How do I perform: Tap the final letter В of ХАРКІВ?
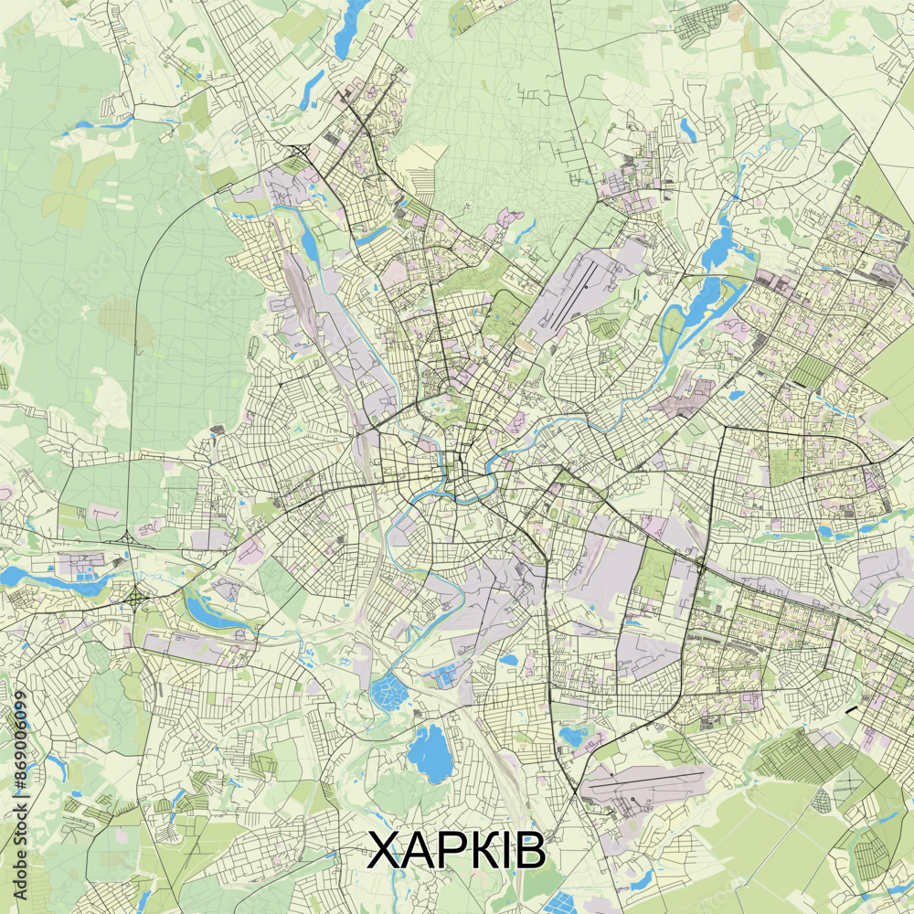tap(529, 851)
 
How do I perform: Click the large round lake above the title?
tap(426, 754)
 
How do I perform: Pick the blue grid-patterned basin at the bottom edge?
tap(559, 903)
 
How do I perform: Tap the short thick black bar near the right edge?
tap(852, 709)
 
